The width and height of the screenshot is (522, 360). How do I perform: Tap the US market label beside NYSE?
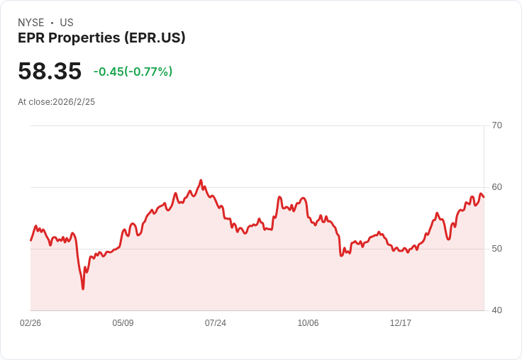click(x=67, y=23)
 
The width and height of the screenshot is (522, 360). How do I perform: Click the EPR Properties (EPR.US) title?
click(x=101, y=38)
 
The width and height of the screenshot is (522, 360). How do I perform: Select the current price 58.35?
click(x=50, y=72)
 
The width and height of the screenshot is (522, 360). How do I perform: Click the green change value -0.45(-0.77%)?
click(x=133, y=72)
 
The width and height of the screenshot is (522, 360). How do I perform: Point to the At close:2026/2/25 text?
click(x=56, y=102)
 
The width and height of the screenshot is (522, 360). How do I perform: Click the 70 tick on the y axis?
click(x=496, y=125)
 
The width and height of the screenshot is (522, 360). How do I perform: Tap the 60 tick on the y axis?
click(x=496, y=187)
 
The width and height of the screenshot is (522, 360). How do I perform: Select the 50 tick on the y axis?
click(x=496, y=249)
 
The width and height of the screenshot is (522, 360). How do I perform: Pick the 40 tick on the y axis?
click(x=496, y=310)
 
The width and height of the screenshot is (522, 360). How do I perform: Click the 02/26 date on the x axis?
click(x=30, y=323)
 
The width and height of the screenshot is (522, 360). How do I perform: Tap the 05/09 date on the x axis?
click(x=123, y=323)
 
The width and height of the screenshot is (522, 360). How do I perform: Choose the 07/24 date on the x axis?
click(x=216, y=323)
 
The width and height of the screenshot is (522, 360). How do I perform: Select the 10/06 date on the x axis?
click(x=308, y=323)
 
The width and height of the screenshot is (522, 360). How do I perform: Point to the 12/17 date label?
click(x=401, y=323)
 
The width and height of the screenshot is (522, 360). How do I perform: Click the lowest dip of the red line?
click(x=83, y=288)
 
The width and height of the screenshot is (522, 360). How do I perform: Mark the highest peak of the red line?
click(x=201, y=181)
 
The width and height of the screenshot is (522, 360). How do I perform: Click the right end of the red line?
click(x=484, y=196)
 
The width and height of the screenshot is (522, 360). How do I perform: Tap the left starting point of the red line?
click(x=30, y=240)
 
